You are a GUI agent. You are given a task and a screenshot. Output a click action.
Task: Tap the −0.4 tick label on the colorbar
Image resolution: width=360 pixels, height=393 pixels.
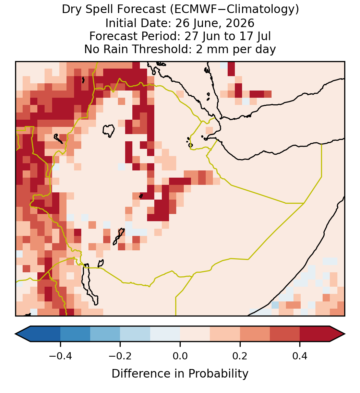click(x=60, y=356)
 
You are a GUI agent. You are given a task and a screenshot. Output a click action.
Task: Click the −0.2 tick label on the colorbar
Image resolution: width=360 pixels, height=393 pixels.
click(x=120, y=356)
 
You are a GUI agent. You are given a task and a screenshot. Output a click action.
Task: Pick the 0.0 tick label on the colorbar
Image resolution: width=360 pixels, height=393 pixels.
click(x=180, y=356)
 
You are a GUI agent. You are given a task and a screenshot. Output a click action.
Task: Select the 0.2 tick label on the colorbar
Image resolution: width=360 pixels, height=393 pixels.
click(x=240, y=356)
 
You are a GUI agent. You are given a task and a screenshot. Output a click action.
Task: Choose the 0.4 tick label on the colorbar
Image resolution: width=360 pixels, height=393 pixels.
click(x=300, y=356)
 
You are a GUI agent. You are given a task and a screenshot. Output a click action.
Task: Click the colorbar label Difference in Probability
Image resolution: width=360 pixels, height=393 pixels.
click(x=180, y=374)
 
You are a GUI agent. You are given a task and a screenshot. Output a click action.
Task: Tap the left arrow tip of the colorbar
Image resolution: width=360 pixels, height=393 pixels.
click(x=15, y=334)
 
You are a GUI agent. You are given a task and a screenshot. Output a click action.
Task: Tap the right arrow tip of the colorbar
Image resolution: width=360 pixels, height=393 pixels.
click(x=345, y=334)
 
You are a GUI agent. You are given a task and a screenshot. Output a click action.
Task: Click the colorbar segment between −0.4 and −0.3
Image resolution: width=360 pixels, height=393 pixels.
click(x=75, y=334)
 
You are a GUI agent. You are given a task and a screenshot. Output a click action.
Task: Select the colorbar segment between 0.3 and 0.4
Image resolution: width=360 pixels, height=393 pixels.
click(x=285, y=334)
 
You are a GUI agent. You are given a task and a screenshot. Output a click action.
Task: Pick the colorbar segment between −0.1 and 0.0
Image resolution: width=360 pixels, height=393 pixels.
click(x=165, y=334)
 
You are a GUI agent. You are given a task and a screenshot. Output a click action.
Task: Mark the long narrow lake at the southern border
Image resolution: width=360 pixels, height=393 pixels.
click(x=89, y=284)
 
